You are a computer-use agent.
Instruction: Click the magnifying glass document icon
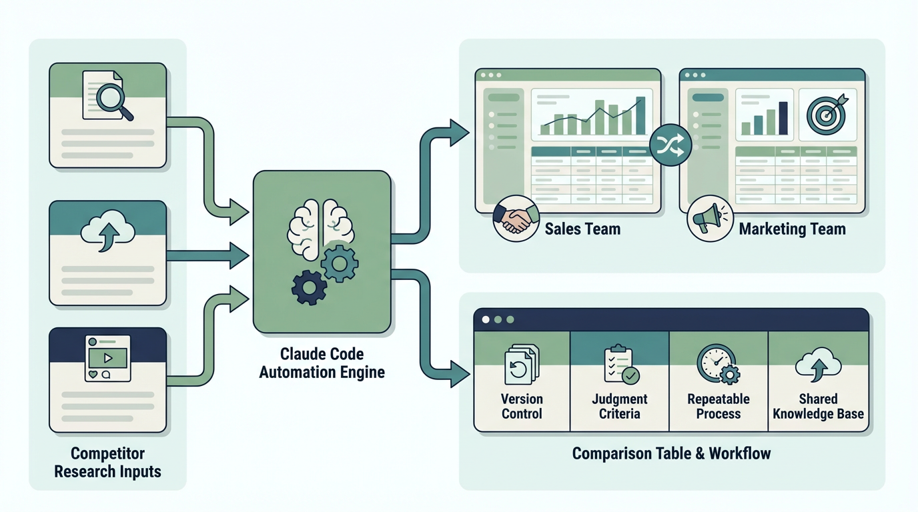click(x=107, y=96)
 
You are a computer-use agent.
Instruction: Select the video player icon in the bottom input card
click(x=107, y=358)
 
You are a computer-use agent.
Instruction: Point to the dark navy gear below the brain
click(x=309, y=287)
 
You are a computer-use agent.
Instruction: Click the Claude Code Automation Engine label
click(x=322, y=363)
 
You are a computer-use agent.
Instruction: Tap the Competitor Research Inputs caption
click(x=107, y=463)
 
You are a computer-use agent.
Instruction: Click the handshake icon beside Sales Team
click(x=516, y=218)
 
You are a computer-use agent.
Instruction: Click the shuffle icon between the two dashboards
click(x=670, y=145)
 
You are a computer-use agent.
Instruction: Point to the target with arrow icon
click(x=827, y=113)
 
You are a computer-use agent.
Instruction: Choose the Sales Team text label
click(x=582, y=229)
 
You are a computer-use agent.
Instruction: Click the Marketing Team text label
click(x=792, y=229)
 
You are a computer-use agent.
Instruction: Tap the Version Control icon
click(x=522, y=365)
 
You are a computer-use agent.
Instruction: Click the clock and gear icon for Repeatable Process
click(x=718, y=365)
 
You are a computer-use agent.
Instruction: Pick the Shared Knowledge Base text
click(x=818, y=406)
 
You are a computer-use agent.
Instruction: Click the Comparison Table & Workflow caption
click(x=671, y=454)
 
